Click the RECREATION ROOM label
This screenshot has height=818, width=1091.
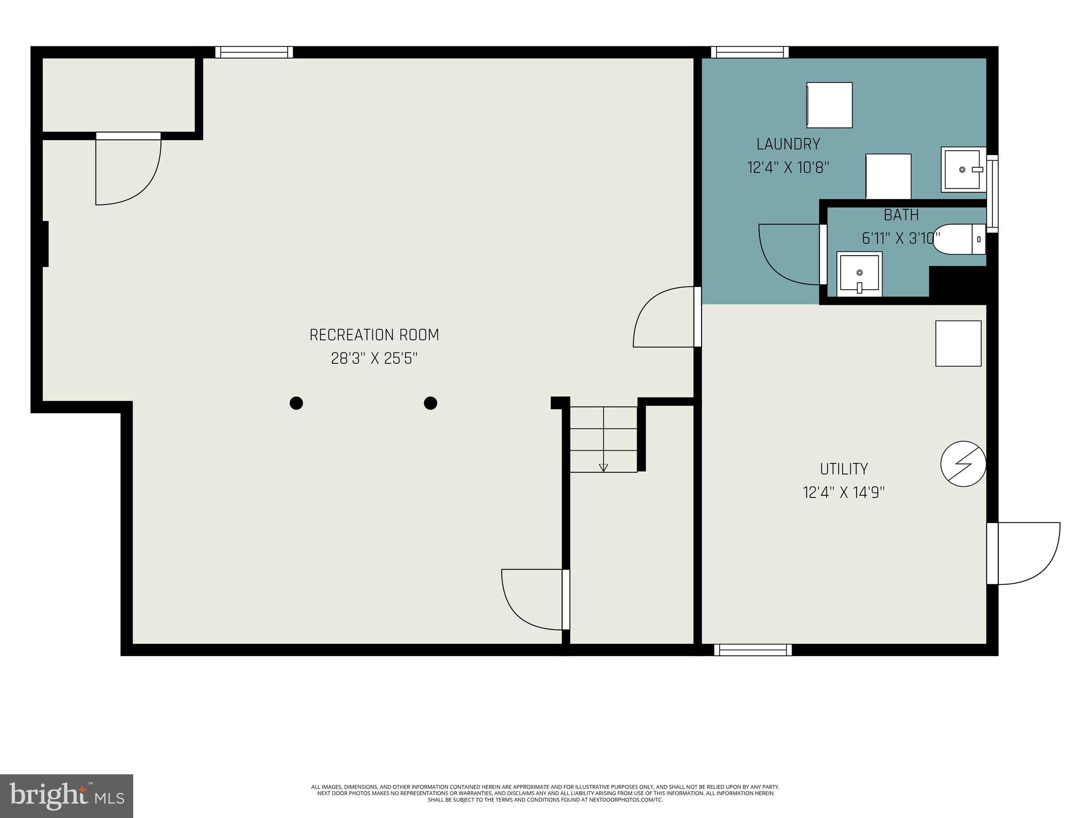tap(374, 335)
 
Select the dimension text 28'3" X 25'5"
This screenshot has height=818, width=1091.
tap(374, 358)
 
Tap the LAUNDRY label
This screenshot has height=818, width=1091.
tap(788, 144)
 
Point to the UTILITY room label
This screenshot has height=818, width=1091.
tap(843, 469)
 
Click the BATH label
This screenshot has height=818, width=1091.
tap(901, 215)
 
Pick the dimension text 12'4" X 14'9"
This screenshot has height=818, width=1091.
tap(843, 493)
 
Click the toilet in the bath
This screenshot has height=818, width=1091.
tap(959, 239)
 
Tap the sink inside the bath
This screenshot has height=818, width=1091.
tap(859, 274)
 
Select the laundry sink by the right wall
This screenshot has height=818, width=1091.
tap(963, 169)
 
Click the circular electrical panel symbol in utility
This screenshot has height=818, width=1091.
tap(963, 463)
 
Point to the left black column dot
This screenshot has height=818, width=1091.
tap(296, 403)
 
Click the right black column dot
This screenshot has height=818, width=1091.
tap(430, 403)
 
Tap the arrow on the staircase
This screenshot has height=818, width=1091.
tap(603, 468)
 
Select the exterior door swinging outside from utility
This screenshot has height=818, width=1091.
tap(1025, 554)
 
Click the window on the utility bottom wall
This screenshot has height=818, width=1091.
tap(753, 650)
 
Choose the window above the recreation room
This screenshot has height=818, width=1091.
tap(254, 52)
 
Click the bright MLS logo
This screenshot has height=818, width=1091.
tap(67, 796)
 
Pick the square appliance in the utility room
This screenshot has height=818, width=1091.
tap(958, 343)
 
